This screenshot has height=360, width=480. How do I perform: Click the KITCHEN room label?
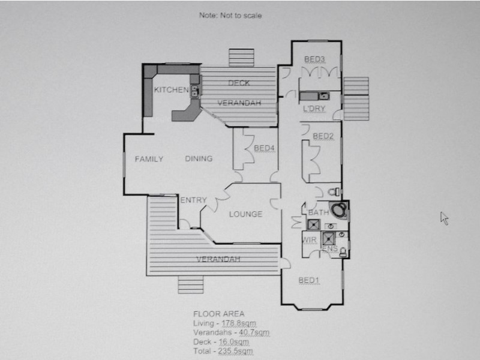[171, 89]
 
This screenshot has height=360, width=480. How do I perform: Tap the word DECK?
[239, 83]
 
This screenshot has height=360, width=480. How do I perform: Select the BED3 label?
[314, 59]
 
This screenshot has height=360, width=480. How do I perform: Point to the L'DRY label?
[314, 109]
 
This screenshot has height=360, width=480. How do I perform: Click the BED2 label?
[323, 136]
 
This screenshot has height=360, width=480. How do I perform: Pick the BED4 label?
[264, 148]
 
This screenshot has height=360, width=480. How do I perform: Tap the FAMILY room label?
[149, 159]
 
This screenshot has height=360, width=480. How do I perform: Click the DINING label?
[199, 158]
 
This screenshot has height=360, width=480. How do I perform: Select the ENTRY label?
[193, 200]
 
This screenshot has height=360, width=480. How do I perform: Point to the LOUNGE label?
[246, 214]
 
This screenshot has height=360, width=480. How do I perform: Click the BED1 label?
[309, 280]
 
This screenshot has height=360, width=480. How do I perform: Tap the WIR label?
[309, 240]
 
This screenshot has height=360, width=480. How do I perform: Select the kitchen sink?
[194, 91]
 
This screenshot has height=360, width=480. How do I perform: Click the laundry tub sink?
[323, 96]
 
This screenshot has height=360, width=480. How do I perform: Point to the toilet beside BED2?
[334, 192]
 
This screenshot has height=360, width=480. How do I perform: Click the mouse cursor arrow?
[444, 218]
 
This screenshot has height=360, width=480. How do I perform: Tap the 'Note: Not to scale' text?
[230, 16]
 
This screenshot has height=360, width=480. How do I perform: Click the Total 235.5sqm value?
[235, 351]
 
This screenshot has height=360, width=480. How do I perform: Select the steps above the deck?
[242, 58]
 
